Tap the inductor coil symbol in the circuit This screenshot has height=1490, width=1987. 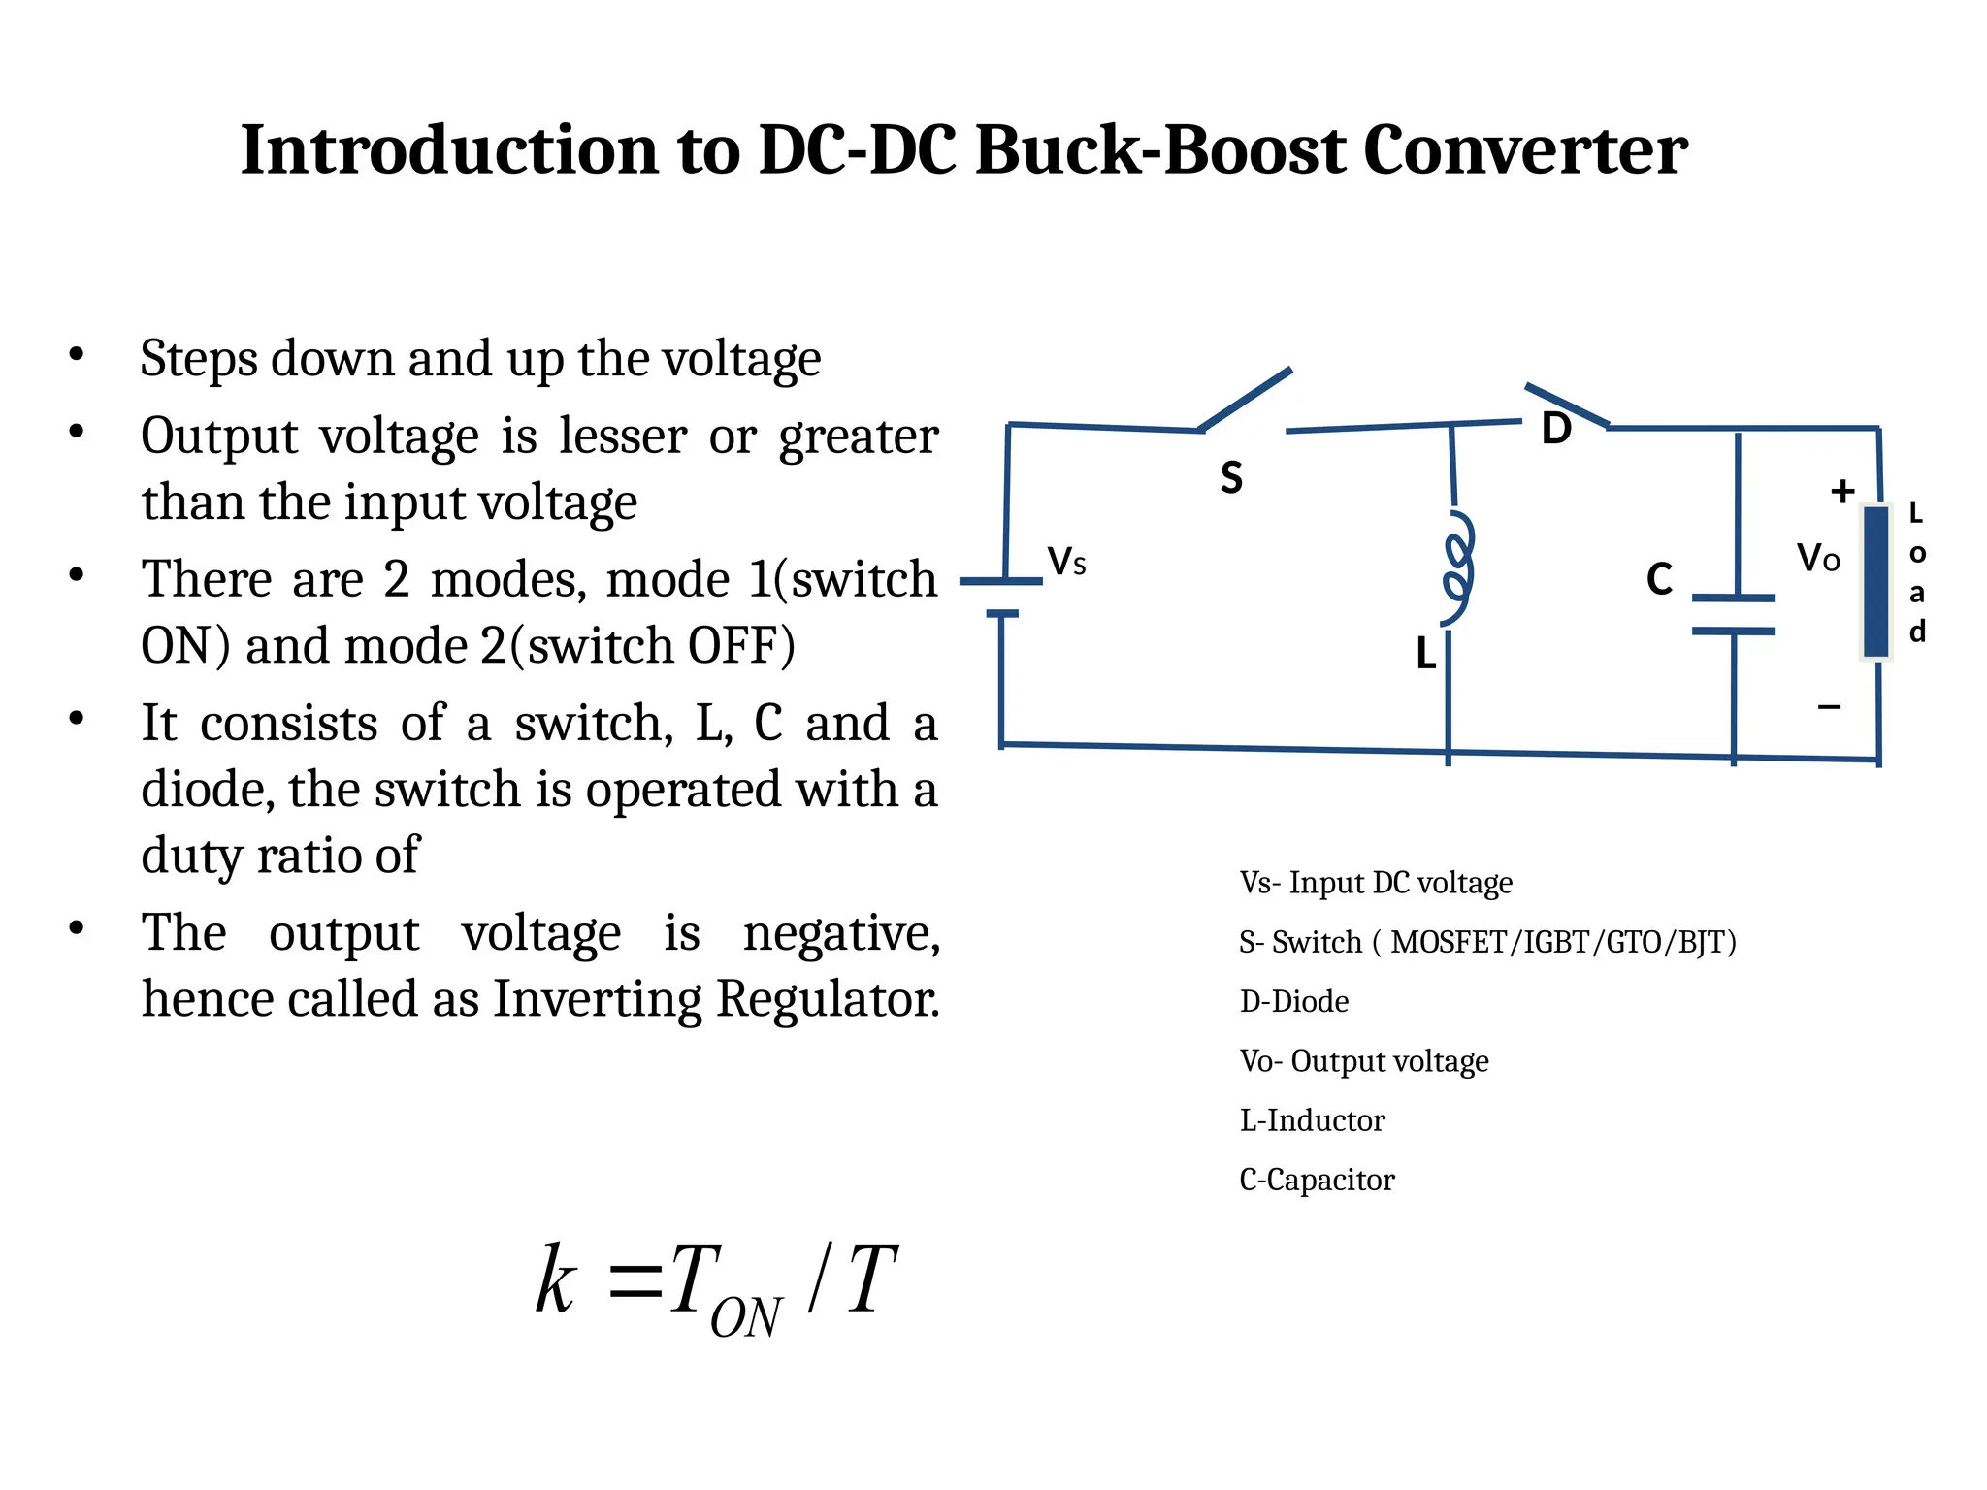1457,567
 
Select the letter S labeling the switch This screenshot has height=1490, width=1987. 1231,478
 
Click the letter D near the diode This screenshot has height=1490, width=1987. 1556,429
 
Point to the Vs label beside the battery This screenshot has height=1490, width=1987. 1066,562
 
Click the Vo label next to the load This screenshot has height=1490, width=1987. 1817,559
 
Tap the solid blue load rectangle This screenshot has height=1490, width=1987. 1875,581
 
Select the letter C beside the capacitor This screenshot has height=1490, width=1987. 1659,579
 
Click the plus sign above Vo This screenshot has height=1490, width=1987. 1842,491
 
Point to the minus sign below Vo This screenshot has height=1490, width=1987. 1829,706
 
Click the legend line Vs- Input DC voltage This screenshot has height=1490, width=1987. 1376,883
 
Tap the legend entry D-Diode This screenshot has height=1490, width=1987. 1293,1001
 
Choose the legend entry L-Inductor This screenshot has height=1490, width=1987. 1312,1120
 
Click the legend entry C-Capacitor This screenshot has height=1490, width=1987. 1317,1180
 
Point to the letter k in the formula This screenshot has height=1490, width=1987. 556,1280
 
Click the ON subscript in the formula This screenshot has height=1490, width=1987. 745,1318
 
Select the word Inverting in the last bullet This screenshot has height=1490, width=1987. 597,999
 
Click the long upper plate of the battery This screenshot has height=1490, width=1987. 1000,582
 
